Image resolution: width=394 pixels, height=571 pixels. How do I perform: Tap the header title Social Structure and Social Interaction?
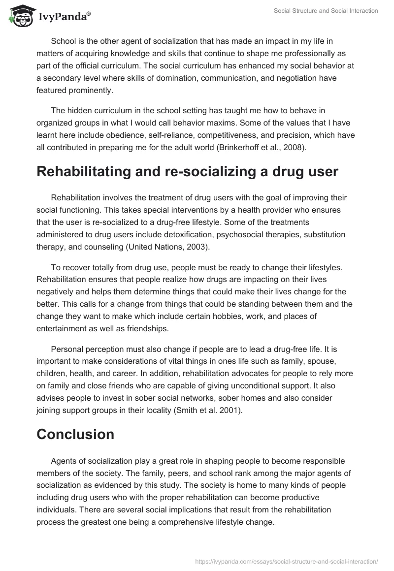click(x=326, y=11)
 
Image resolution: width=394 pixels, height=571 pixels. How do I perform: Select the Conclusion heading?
click(x=75, y=434)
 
